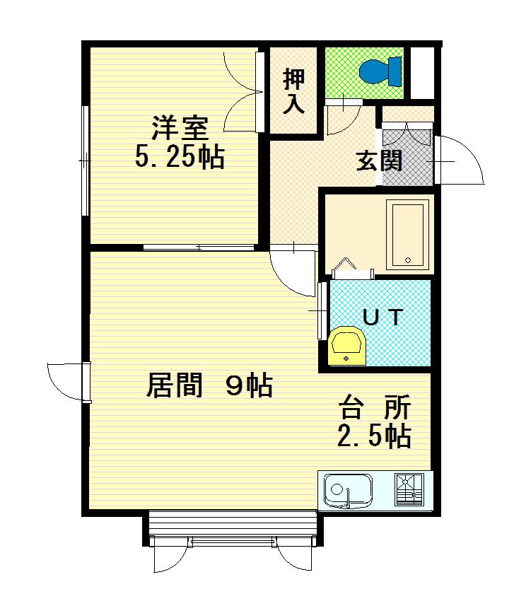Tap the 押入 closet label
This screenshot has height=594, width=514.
[294, 91]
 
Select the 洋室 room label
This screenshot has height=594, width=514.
[180, 130]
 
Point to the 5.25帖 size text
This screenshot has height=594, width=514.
[180, 158]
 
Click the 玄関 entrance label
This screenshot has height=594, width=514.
[379, 161]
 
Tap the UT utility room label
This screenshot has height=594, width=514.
[383, 317]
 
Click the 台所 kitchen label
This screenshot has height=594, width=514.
[375, 409]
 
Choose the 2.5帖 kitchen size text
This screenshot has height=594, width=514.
[374, 436]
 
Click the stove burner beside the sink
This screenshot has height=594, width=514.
[409, 489]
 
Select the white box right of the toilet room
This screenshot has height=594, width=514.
[424, 72]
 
